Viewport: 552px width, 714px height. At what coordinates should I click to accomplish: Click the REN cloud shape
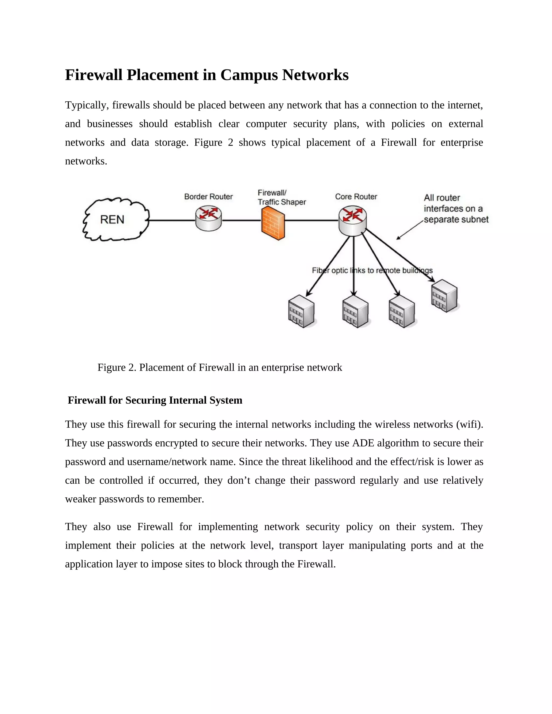pyautogui.click(x=115, y=219)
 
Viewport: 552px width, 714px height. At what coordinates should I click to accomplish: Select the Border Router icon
pyautogui.click(x=208, y=218)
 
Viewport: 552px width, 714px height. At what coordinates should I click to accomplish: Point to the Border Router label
pyautogui.click(x=208, y=196)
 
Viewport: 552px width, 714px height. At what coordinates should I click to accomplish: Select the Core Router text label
pyautogui.click(x=356, y=196)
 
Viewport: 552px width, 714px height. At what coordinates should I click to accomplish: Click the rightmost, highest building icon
pyautogui.click(x=444, y=296)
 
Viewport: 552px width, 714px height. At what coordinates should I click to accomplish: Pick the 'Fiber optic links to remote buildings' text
pyautogui.click(x=372, y=270)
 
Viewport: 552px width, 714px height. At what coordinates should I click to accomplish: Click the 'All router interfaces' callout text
pyautogui.click(x=456, y=209)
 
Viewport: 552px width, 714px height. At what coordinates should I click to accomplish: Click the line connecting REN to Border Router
pyautogui.click(x=172, y=220)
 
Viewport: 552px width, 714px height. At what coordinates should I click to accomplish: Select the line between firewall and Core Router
pyautogui.click(x=311, y=220)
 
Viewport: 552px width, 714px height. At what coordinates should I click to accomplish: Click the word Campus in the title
pyautogui.click(x=249, y=75)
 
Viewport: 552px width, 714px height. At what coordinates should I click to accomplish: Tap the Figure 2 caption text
pyautogui.click(x=219, y=368)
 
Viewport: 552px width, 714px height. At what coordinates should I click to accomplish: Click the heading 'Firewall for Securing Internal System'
pyautogui.click(x=155, y=400)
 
